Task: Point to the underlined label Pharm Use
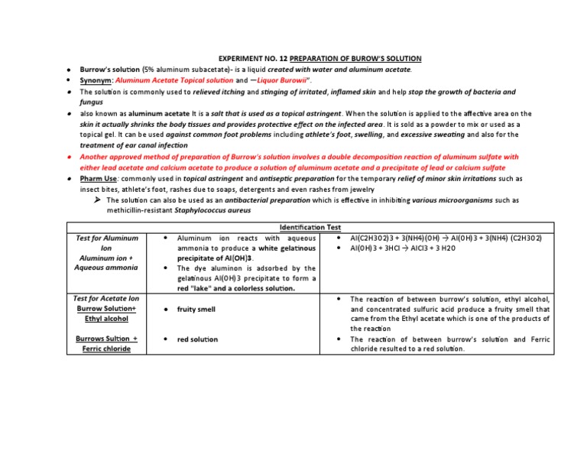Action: (99, 178)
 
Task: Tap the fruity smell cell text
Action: (196, 310)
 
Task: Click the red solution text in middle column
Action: (197, 339)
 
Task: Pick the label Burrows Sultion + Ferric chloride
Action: (106, 344)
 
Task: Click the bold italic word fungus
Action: (91, 102)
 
